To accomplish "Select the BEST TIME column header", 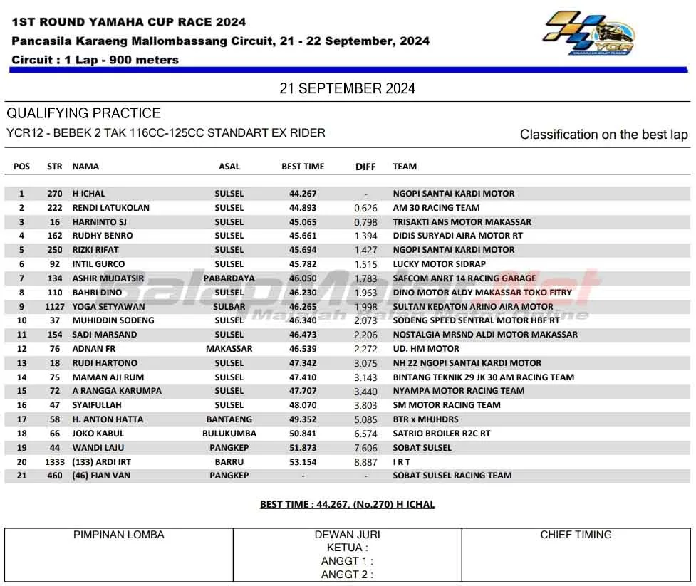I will [303, 167].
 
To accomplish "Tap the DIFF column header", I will [365, 167].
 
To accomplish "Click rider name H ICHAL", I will [88, 194].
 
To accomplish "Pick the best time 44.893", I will [303, 208].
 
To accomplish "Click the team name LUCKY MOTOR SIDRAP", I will [439, 264].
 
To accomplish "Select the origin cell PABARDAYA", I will [229, 278].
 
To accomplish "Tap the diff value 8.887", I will [365, 461].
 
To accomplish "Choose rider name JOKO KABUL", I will [98, 434].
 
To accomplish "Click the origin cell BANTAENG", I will [229, 419].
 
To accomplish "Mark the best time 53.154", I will [303, 461].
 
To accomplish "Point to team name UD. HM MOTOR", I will [426, 349].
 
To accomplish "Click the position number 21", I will [21, 476].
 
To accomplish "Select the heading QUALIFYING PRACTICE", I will [83, 113].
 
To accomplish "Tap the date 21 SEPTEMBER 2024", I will [348, 88].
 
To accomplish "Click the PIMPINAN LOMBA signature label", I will [118, 535].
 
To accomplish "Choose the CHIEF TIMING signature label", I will [576, 535].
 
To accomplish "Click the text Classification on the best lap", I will [603, 135].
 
